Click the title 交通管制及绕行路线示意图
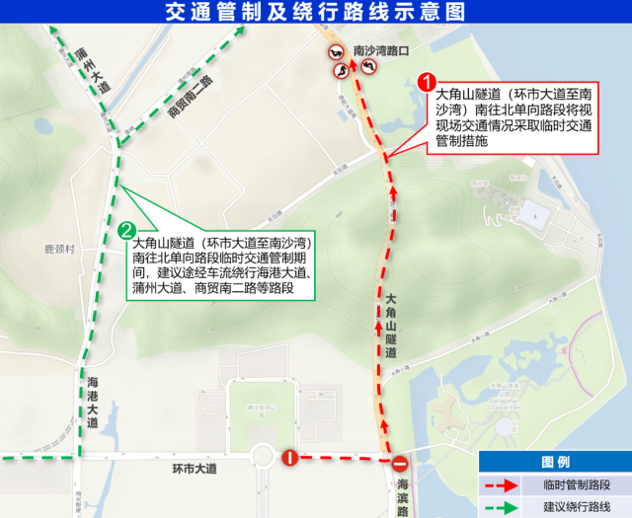[x=316, y=12]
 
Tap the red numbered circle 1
[x=427, y=81]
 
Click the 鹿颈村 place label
[x=59, y=251]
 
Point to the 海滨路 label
[x=403, y=492]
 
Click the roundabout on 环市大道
[x=264, y=457]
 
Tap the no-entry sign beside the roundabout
[x=290, y=457]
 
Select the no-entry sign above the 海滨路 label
[x=400, y=464]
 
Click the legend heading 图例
[x=555, y=463]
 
